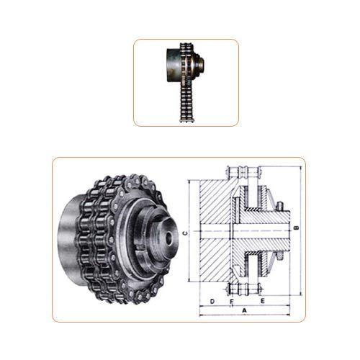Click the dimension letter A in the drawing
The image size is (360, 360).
[x=245, y=310]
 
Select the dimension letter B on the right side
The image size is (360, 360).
[x=295, y=228]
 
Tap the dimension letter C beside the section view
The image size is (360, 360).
[x=184, y=233]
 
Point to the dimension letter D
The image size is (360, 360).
[x=212, y=298]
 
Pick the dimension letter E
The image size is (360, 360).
[x=264, y=298]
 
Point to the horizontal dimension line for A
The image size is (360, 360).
[x=245, y=315]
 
